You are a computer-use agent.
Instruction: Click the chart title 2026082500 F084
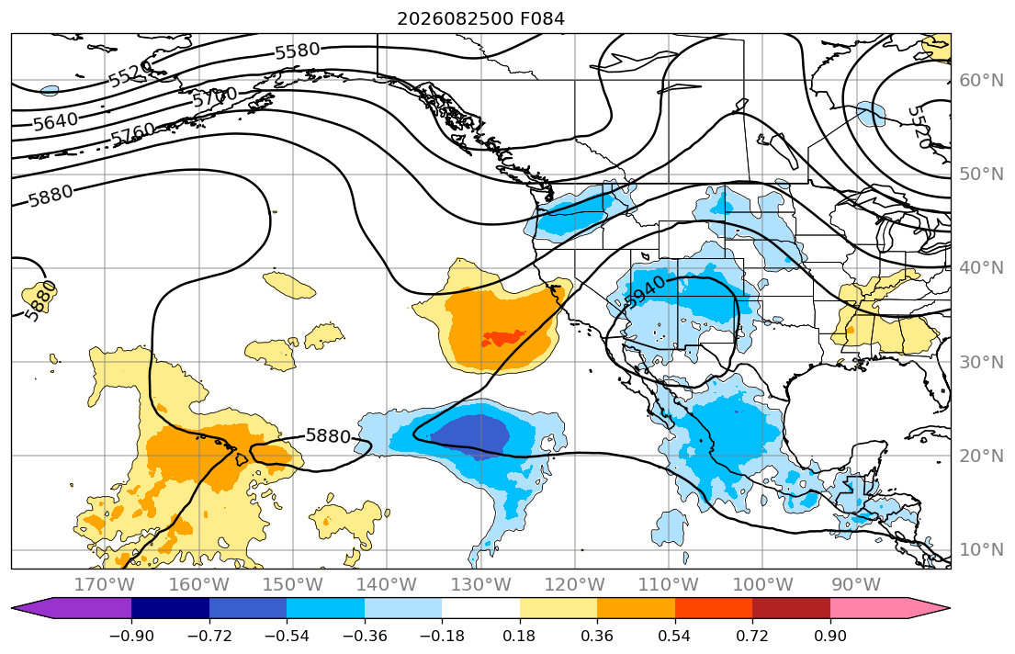(480, 18)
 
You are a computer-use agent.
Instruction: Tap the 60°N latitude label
(981, 80)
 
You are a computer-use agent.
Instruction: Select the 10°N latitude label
(981, 550)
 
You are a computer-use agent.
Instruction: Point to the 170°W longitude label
(105, 585)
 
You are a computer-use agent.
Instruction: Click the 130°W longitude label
(481, 585)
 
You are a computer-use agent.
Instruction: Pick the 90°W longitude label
(856, 585)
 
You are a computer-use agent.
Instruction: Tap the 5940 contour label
(645, 291)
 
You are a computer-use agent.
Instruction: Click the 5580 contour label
(298, 51)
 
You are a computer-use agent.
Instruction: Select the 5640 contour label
(56, 121)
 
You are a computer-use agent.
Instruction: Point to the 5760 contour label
(132, 134)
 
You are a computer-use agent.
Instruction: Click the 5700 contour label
(215, 97)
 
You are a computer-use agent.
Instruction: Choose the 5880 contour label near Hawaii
(328, 435)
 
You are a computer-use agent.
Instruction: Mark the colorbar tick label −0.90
(131, 636)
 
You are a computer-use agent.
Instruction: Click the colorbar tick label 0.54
(674, 636)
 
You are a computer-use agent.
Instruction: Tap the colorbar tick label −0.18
(442, 636)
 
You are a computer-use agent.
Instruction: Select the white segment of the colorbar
(481, 608)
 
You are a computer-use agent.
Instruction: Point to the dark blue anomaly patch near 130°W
(475, 435)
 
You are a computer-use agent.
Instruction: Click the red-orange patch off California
(503, 337)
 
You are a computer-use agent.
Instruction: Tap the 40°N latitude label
(981, 267)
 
